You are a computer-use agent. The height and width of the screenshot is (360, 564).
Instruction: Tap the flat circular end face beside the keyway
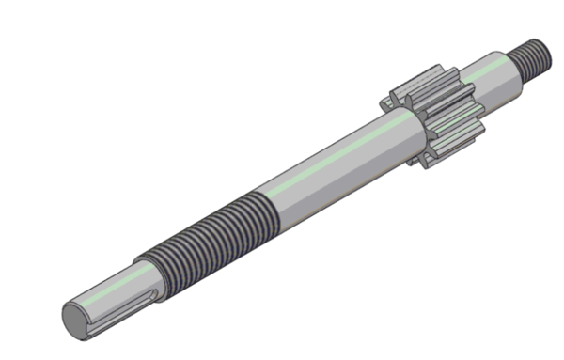[x=76, y=319]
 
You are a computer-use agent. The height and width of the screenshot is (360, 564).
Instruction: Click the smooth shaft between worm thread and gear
[x=329, y=164]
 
